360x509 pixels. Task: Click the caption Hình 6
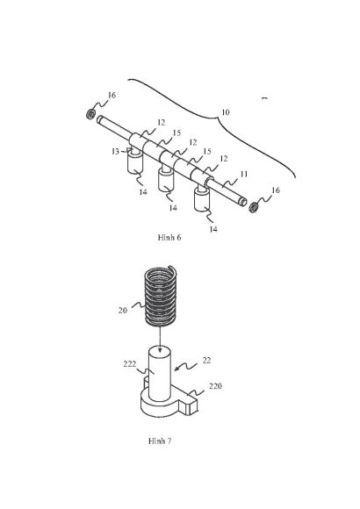pos(169,237)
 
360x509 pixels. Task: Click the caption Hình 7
pos(160,441)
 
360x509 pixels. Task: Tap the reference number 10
pos(226,112)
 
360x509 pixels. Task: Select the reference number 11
pos(244,174)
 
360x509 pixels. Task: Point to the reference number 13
pos(115,151)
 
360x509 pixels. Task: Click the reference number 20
pos(123,311)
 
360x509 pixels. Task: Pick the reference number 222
pos(130,364)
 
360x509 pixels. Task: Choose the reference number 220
pos(215,386)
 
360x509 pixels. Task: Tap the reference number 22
pos(206,361)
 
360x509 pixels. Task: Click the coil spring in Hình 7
pos(161,296)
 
